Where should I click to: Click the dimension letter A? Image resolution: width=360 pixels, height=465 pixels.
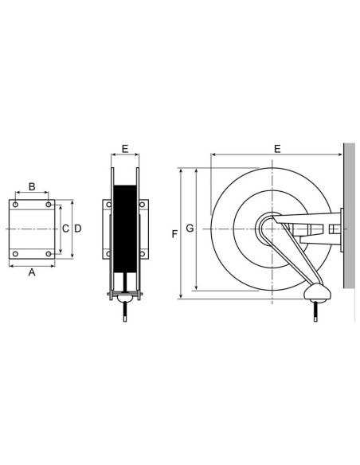coord(31,272)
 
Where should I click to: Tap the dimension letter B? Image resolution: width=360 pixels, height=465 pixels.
coord(31,186)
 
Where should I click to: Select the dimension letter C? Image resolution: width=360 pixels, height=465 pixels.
coord(65,229)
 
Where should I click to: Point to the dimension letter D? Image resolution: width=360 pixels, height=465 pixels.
coord(77,229)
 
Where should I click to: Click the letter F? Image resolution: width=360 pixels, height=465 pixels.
coord(174,234)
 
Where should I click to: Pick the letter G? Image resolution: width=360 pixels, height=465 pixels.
coord(189,229)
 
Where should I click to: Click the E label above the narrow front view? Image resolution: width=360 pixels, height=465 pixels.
coord(124,148)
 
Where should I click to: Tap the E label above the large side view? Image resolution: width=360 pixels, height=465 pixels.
coord(276,148)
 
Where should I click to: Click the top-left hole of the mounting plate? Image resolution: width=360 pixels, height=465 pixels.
coord(14,204)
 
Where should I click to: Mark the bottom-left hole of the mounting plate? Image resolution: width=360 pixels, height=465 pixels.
coord(14,254)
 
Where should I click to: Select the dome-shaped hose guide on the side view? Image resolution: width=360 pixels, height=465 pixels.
coord(318,292)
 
